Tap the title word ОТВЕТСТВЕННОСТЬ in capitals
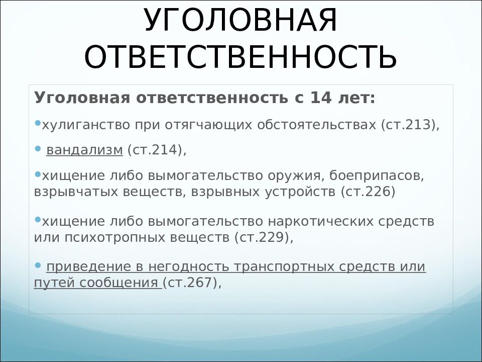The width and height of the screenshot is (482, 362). tap(240, 57)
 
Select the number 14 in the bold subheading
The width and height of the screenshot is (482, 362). tap(321, 98)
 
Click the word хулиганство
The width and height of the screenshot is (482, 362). tap(86, 125)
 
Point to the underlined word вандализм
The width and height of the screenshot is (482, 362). tap(84, 150)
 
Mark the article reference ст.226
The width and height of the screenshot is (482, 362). tap(368, 192)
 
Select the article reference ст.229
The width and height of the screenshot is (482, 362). tap(262, 237)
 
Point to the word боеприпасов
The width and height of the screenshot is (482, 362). tap(377, 176)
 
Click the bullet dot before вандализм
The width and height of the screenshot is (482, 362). tap(38, 149)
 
